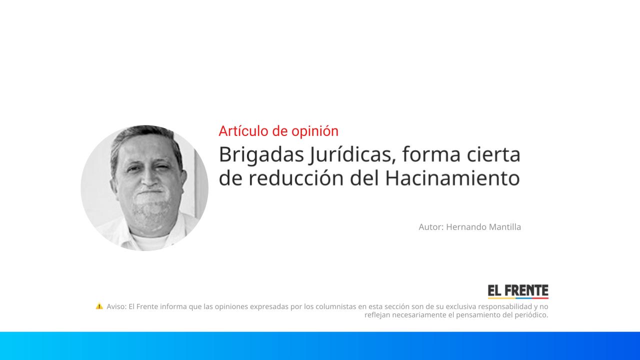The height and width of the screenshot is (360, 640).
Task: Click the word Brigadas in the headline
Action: (x=261, y=155)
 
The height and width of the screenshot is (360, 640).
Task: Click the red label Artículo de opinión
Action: (x=278, y=131)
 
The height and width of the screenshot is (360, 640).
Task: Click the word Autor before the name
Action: (x=430, y=227)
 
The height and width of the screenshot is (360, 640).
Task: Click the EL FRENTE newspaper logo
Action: (x=518, y=291)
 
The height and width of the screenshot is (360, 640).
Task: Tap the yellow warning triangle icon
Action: (x=99, y=306)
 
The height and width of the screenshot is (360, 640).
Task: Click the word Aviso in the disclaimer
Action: (x=116, y=306)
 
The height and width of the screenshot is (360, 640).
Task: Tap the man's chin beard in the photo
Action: (x=148, y=210)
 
